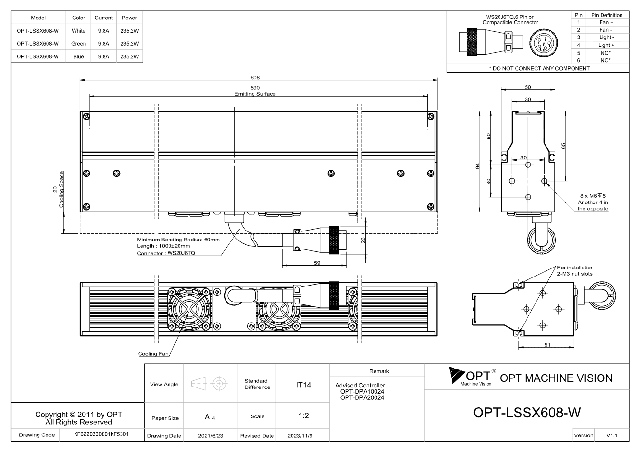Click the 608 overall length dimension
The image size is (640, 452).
point(255,78)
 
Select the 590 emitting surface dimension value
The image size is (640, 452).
point(255,88)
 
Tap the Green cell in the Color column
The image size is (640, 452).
point(78,44)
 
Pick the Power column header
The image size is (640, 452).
point(130,18)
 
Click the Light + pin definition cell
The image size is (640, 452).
point(606,45)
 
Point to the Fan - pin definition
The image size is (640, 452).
point(606,30)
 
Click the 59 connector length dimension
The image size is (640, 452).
point(317,263)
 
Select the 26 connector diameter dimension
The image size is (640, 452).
point(363,240)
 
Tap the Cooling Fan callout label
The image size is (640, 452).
point(153,354)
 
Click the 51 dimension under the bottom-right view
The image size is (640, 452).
point(547,345)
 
